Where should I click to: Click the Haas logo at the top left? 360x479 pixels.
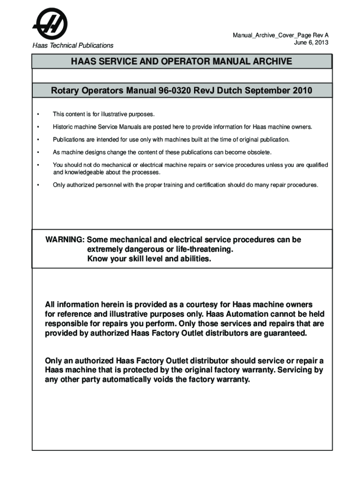click(50, 24)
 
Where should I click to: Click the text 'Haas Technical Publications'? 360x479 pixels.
click(72, 45)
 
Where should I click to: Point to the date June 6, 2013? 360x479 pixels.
click(311, 42)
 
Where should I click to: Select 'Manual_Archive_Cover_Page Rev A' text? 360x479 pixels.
click(281, 36)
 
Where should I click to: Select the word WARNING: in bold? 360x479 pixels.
click(65, 240)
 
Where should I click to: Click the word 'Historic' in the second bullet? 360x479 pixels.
click(63, 127)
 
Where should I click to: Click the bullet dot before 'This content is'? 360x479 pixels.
click(38, 114)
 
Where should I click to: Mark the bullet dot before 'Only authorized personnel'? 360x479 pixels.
click(38, 185)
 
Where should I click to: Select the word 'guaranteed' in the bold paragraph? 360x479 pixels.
click(284, 333)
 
